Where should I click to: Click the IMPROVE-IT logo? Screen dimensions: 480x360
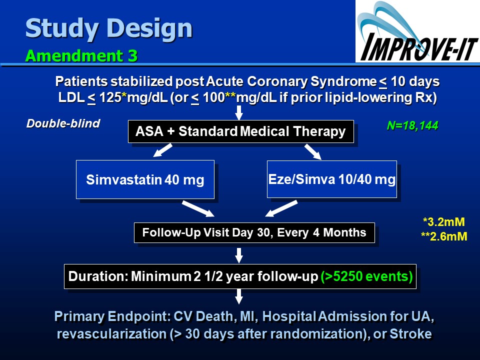tap(417, 31)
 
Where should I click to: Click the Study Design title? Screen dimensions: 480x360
tap(108, 28)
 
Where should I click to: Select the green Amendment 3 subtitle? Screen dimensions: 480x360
tap(81, 55)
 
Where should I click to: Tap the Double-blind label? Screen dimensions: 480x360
tap(63, 123)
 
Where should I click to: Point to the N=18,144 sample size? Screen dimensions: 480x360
tap(412, 125)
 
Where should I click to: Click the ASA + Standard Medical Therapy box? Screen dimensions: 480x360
tap(241, 131)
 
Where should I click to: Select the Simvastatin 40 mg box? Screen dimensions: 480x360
tap(145, 179)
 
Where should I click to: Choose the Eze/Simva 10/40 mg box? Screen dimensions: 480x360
tap(332, 179)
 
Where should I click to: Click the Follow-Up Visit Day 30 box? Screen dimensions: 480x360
tap(254, 232)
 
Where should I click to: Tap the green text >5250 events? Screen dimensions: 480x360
tap(366, 276)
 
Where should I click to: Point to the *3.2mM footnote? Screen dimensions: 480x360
tap(444, 222)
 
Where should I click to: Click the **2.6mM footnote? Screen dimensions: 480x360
tap(444, 236)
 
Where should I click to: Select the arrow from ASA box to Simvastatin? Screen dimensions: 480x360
tap(162, 150)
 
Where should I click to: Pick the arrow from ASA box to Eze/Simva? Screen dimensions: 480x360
tap(313, 152)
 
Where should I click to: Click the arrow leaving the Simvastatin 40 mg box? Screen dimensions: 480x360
tap(198, 209)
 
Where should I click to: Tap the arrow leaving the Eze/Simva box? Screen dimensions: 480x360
tap(281, 208)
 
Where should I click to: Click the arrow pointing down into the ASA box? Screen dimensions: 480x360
tap(239, 112)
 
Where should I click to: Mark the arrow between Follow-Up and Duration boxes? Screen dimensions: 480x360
tap(239, 255)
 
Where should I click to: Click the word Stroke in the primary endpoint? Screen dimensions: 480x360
tap(410, 334)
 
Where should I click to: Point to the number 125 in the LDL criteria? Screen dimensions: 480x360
tap(110, 97)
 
